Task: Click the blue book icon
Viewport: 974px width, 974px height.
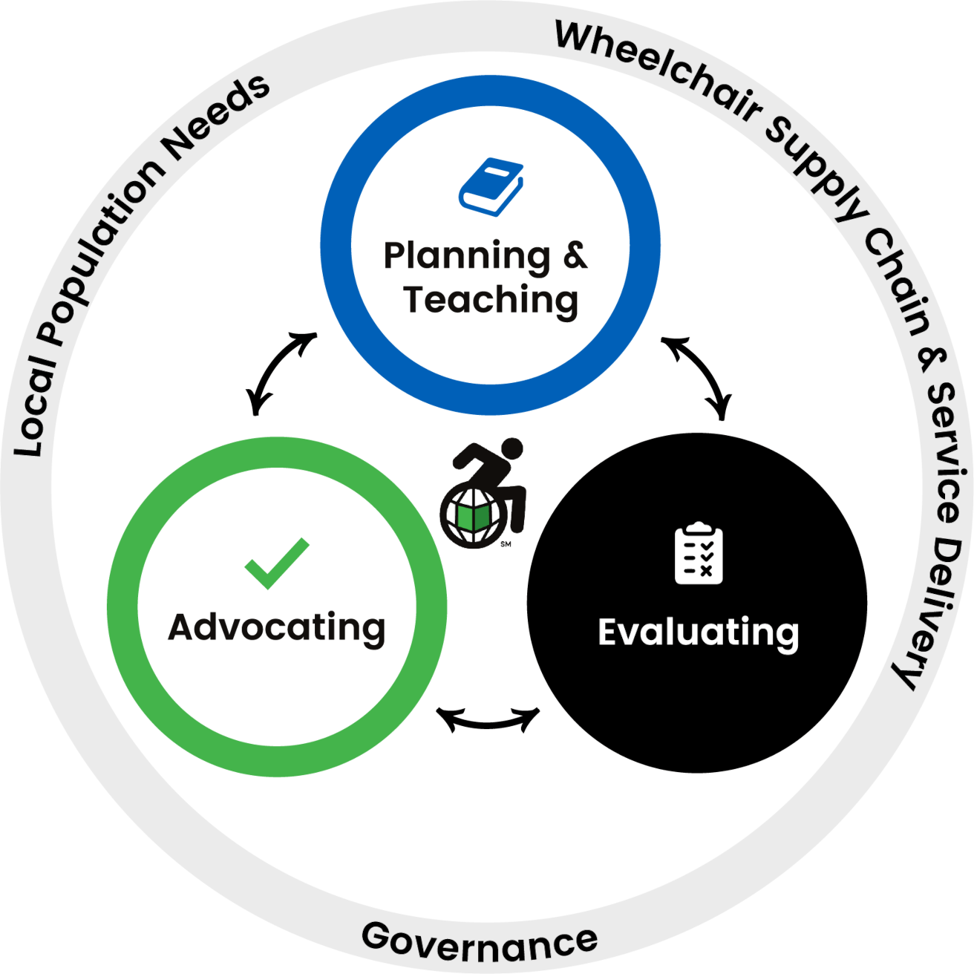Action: point(491,187)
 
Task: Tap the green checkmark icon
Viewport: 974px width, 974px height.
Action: point(276,563)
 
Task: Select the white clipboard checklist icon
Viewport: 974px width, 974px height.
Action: point(699,553)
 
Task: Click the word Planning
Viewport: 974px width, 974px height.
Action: point(466,257)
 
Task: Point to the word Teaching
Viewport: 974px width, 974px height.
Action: point(490,301)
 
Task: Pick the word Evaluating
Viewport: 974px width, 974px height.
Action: point(699,633)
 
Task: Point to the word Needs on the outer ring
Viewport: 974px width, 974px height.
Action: point(218,117)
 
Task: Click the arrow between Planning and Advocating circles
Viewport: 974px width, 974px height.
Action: point(280,371)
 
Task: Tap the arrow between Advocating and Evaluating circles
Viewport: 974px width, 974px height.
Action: point(488,719)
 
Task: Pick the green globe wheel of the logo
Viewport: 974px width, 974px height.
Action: point(473,515)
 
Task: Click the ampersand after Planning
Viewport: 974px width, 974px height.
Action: point(575,255)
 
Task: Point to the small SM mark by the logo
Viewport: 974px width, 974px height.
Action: point(506,544)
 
